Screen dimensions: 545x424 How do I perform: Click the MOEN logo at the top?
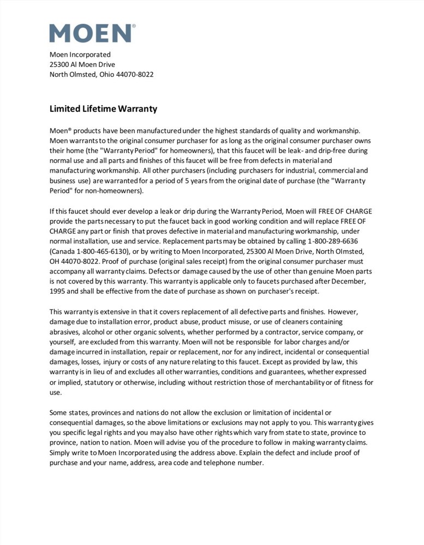[x=91, y=33]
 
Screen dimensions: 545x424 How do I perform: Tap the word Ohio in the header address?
[x=106, y=74]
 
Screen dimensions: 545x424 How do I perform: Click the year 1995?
[x=59, y=291]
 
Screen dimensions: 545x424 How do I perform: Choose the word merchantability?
[x=308, y=382]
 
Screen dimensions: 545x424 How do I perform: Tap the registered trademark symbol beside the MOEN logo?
[x=134, y=26]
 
